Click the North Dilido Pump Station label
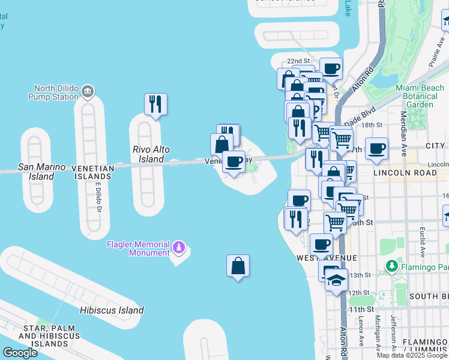tap(56, 92)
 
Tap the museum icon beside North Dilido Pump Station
tap(88, 91)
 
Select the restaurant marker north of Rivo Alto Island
tap(155, 104)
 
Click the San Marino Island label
tap(36, 172)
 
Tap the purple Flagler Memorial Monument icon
tap(178, 247)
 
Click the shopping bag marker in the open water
tap(238, 266)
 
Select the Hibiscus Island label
tap(112, 310)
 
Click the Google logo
tap(20, 353)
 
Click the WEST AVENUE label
tap(327, 257)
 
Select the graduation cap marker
tap(336, 279)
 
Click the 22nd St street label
tap(298, 61)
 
